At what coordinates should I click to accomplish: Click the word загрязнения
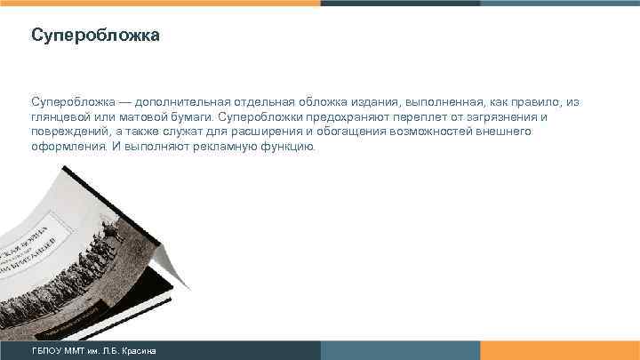point(501,117)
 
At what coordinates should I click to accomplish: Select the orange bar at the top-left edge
point(160,3)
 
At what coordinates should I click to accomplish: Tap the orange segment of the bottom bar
point(560,351)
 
